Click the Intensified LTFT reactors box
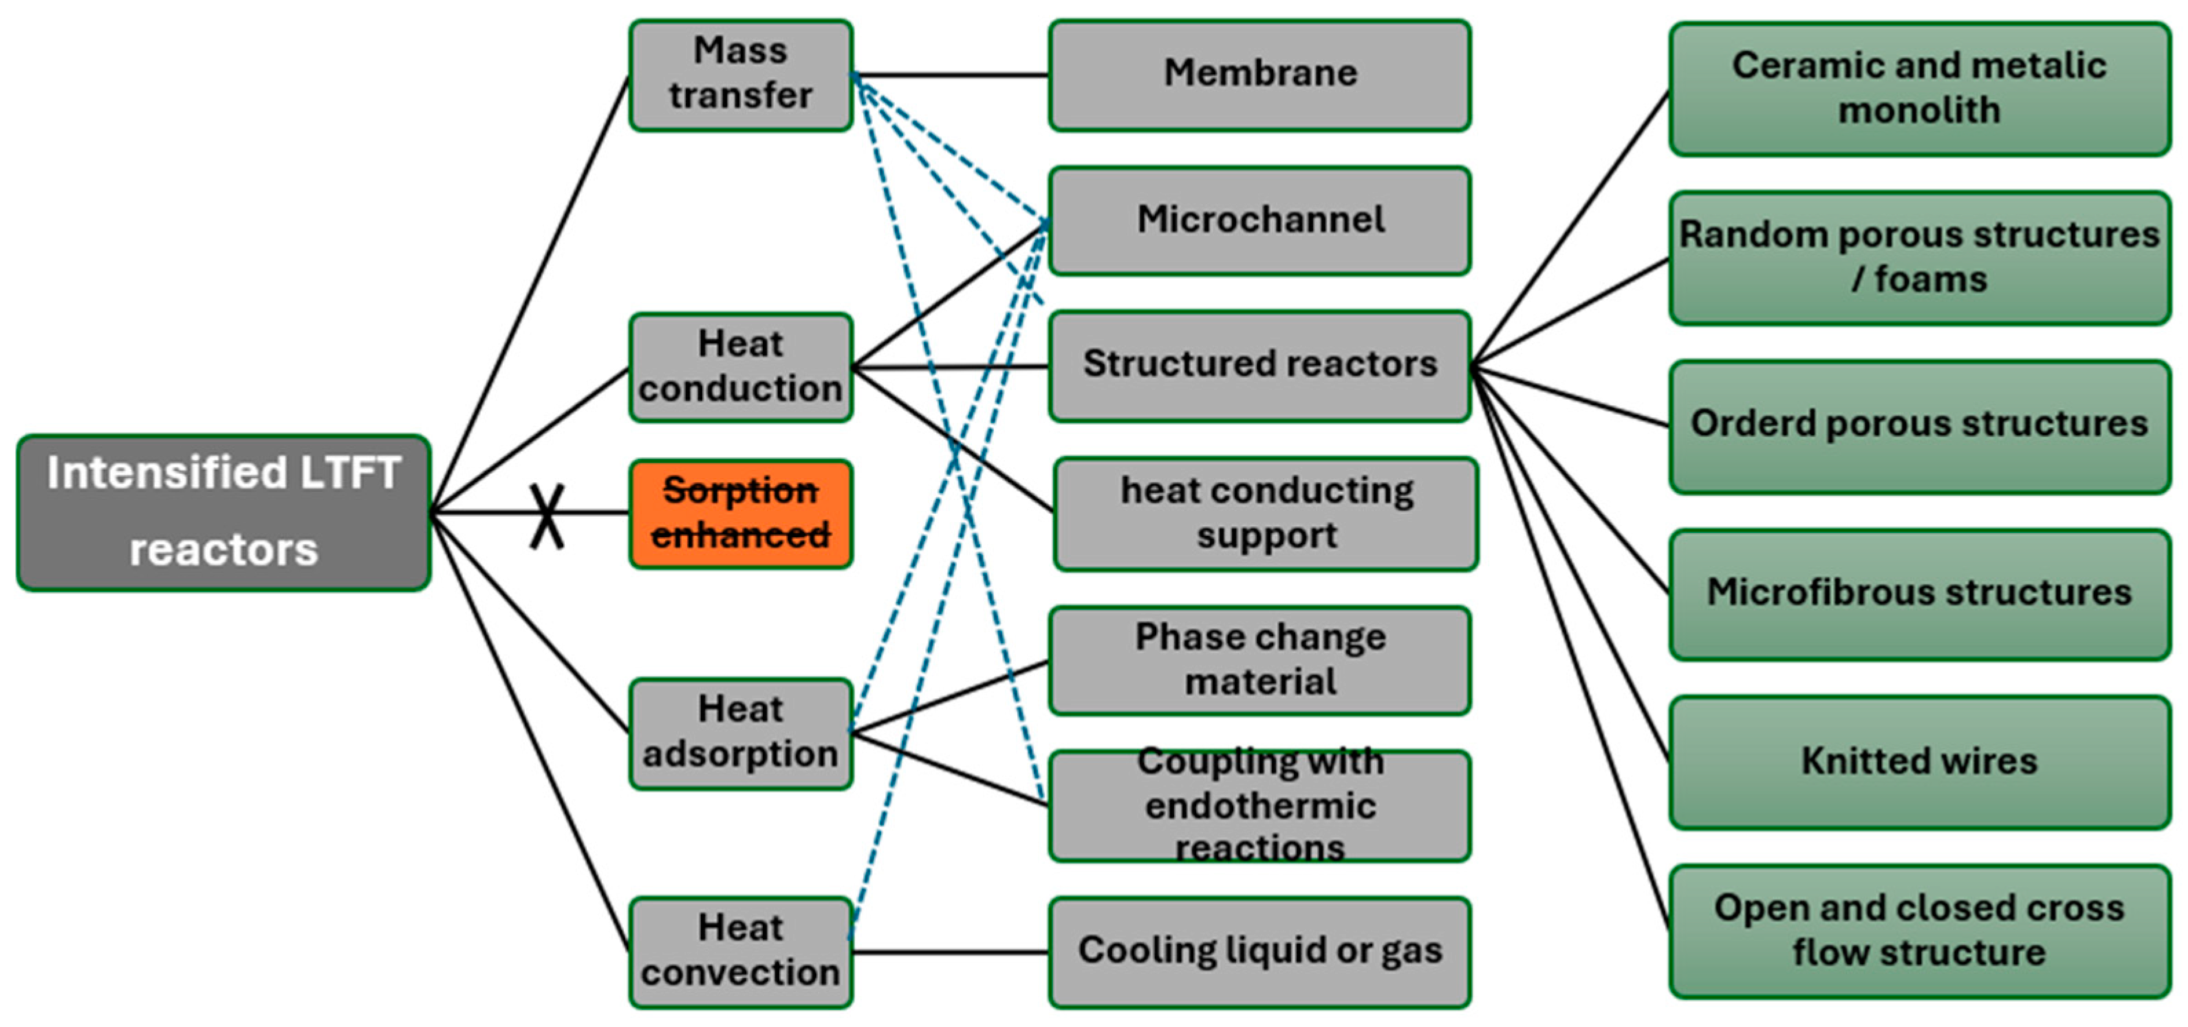pyautogui.click(x=224, y=512)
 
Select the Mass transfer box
pyautogui.click(x=741, y=75)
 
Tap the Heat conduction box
pyautogui.click(x=741, y=367)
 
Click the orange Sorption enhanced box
pyautogui.click(x=741, y=513)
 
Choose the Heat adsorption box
pyautogui.click(x=741, y=732)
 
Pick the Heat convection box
pyautogui.click(x=741, y=951)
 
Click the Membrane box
pyautogui.click(x=1259, y=75)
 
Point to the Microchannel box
pyautogui.click(x=1259, y=221)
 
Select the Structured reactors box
pyautogui.click(x=1259, y=365)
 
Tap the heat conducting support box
pyautogui.click(x=1266, y=513)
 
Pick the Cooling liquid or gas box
pyautogui.click(x=1259, y=951)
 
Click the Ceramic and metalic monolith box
pyautogui.click(x=1919, y=88)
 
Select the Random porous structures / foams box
pyautogui.click(x=1919, y=257)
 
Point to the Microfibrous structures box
pyautogui.click(x=1919, y=594)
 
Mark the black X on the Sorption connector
pyautogui.click(x=547, y=515)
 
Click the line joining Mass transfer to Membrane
pyautogui.click(x=951, y=76)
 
